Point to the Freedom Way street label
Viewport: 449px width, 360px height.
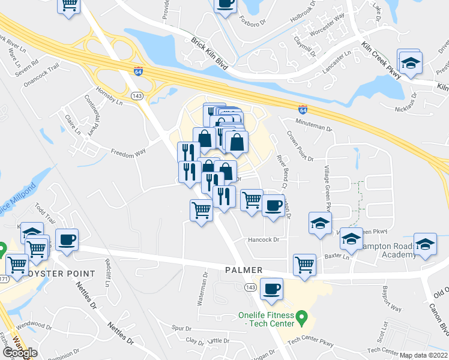coord(128,152)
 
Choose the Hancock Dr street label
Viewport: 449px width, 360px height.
coord(264,239)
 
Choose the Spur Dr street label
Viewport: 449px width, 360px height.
coord(181,328)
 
